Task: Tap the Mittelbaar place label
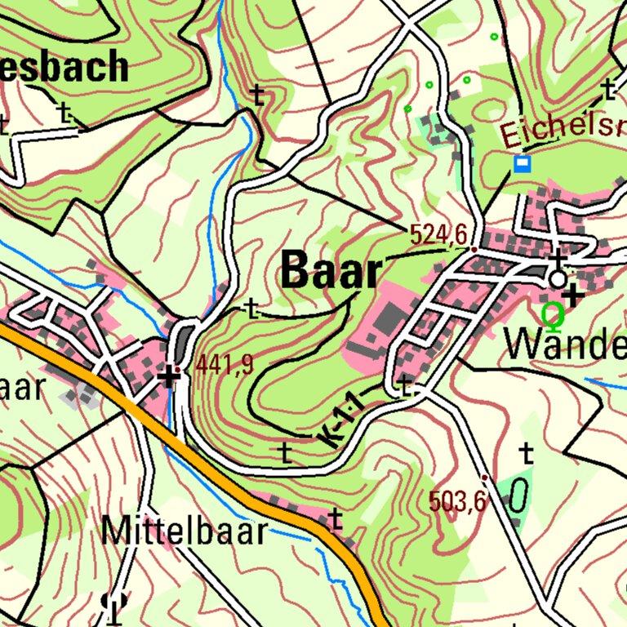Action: tap(184, 531)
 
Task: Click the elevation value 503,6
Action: tap(457, 501)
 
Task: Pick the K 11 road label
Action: tap(343, 420)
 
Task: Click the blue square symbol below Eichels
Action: tap(522, 164)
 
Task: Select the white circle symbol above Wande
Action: tap(558, 279)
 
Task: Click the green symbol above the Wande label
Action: tap(554, 312)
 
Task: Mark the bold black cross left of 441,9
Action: tap(168, 376)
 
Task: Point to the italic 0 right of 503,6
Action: tap(518, 496)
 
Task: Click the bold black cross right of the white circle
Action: tap(573, 296)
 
